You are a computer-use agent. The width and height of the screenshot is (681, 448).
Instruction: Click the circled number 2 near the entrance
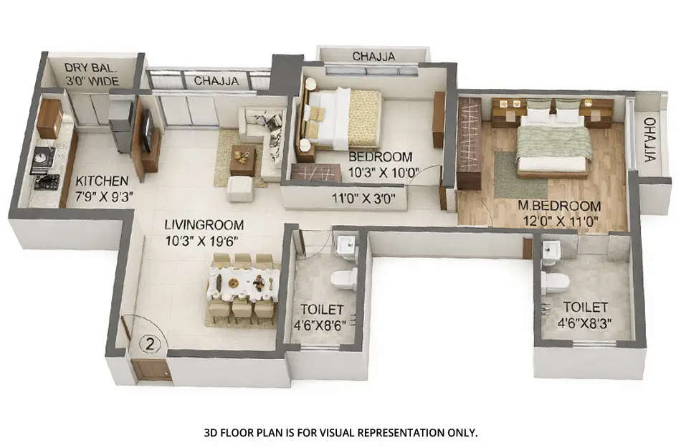(150, 343)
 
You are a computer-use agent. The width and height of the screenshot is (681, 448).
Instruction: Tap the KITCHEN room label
(102, 181)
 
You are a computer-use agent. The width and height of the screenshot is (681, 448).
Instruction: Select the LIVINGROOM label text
(204, 224)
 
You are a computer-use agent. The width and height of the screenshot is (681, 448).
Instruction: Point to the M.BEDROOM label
(560, 206)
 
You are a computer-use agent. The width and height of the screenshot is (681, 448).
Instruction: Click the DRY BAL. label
(91, 68)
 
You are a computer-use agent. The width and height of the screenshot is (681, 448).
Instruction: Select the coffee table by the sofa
(242, 158)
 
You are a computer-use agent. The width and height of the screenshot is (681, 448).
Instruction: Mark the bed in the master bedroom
(554, 143)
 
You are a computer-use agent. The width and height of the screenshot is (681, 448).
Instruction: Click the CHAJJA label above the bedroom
(373, 57)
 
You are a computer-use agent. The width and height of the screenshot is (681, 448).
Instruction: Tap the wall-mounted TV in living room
(147, 134)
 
